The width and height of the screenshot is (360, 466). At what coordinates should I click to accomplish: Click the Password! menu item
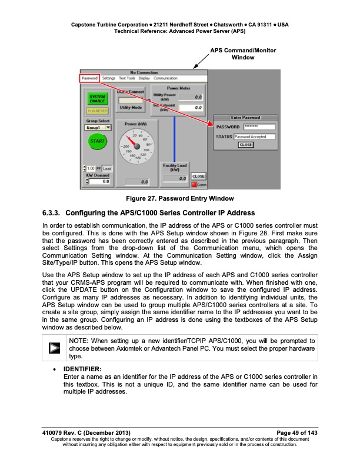(x=90, y=78)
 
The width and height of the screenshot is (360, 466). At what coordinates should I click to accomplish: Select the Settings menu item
(x=108, y=78)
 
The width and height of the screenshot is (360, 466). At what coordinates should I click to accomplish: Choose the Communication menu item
(x=165, y=78)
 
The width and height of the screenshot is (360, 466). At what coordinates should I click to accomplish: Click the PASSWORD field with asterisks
(x=259, y=127)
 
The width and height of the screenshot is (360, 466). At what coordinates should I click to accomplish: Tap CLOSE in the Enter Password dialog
(x=246, y=144)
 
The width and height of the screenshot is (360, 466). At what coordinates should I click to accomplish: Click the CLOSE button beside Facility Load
(x=199, y=176)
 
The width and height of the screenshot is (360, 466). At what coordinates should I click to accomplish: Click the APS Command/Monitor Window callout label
(x=243, y=54)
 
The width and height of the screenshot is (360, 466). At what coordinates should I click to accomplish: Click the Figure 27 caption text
(x=180, y=198)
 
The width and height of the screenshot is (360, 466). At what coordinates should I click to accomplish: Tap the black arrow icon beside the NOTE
(x=54, y=348)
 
